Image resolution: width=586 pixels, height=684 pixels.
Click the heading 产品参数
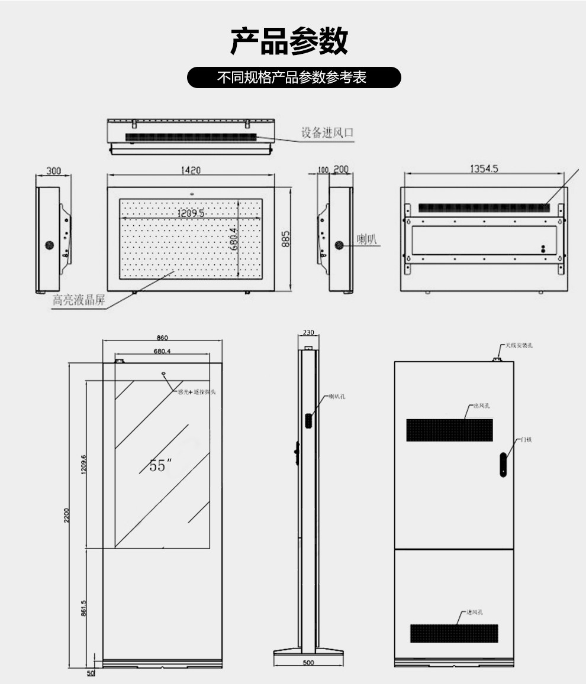tap(289, 41)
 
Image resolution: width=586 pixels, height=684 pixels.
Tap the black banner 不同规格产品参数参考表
tap(294, 77)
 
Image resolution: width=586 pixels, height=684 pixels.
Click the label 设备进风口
tap(327, 132)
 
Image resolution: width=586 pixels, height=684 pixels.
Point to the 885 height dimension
tap(285, 239)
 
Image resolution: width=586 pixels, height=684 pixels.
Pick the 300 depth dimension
tap(54, 171)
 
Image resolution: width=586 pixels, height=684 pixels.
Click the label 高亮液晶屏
tap(79, 300)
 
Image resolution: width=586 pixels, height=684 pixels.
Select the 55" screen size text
tap(158, 466)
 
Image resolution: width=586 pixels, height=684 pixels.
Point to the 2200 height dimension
tap(67, 516)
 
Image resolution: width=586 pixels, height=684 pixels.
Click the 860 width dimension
tap(162, 338)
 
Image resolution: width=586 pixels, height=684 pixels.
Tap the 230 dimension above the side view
tap(308, 332)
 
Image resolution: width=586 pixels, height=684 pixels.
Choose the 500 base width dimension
tap(308, 663)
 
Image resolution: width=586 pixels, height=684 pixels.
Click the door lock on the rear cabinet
tap(503, 465)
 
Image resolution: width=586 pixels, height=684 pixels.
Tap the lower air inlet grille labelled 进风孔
tap(454, 633)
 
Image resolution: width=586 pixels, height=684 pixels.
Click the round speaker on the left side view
tap(50, 245)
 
